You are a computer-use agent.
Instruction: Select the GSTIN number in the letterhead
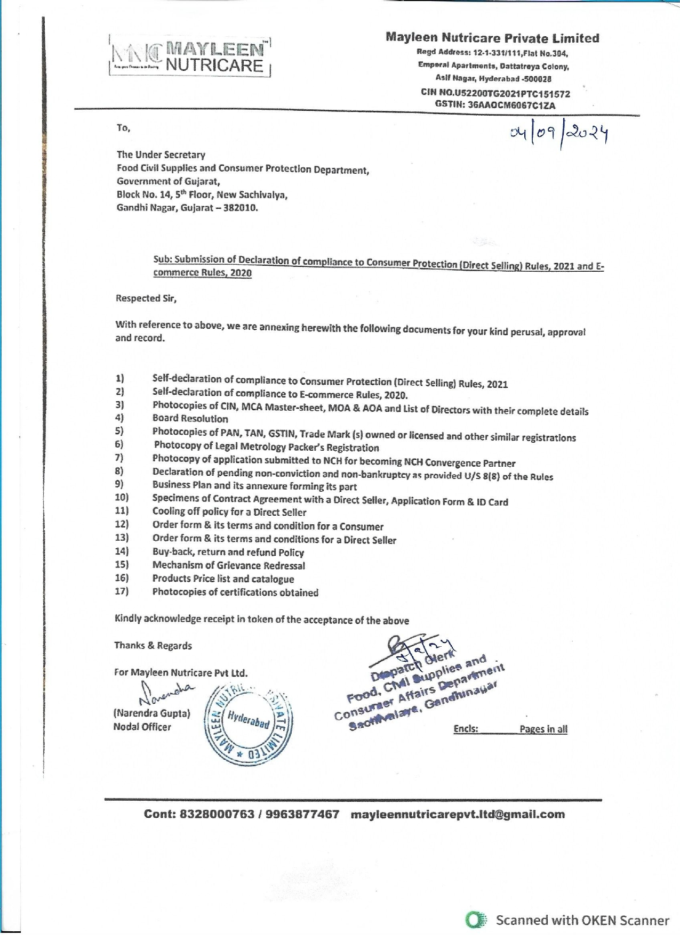pos(495,105)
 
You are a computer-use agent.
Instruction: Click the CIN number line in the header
pos(495,93)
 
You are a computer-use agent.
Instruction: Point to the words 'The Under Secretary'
pos(161,155)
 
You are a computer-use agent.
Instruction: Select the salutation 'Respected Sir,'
pos(146,298)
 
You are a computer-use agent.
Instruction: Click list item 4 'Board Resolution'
pos(190,419)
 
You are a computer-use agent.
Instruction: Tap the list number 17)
pos(122,591)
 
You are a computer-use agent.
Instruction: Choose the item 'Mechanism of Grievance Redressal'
pos(228,565)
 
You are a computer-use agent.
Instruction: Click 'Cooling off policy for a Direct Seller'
pos(229,512)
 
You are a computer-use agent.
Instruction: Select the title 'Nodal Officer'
pos(142,727)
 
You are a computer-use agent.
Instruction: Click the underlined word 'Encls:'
pos(466,729)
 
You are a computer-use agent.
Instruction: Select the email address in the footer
pos(458,814)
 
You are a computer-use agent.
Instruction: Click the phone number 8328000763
pos(217,814)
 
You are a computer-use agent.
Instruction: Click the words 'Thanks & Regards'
pos(153,646)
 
